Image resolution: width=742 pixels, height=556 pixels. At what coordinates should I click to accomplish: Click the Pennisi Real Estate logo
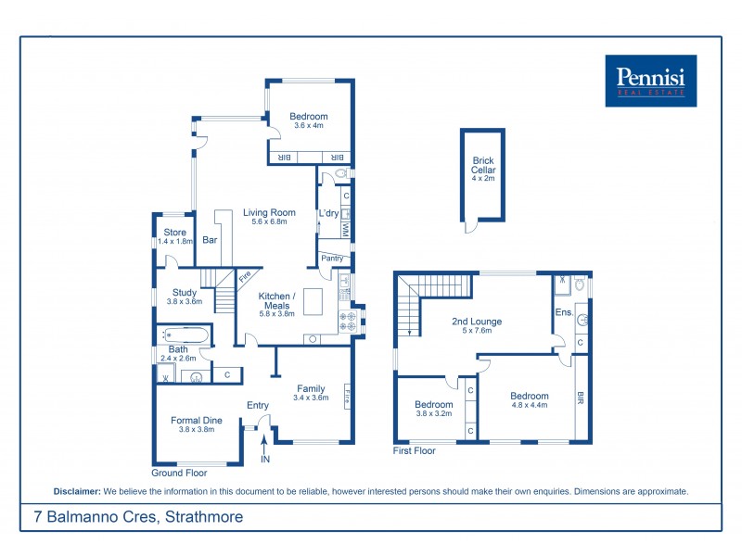tap(650, 81)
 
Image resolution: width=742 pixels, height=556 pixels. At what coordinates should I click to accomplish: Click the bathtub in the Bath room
tap(184, 335)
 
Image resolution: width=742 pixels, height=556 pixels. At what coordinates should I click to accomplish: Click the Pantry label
tap(332, 259)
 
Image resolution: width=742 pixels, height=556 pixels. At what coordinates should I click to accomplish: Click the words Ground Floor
tap(178, 473)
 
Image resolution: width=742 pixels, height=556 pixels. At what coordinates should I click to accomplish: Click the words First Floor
tap(414, 451)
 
